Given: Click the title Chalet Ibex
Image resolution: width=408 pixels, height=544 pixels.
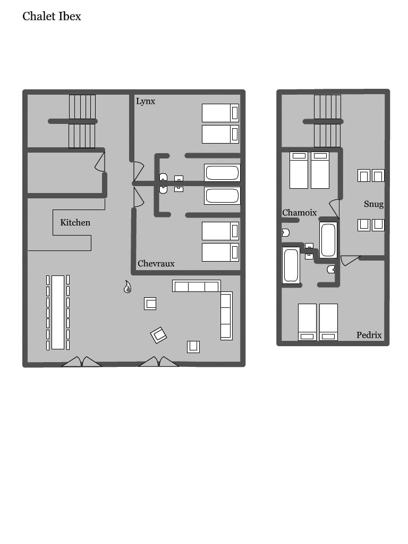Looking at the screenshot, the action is click(x=52, y=16).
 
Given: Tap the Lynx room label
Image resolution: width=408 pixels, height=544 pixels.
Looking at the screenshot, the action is click(x=146, y=102).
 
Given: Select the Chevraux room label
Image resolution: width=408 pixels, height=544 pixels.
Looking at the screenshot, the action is click(x=156, y=263).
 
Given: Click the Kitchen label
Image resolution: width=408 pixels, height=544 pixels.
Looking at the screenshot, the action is click(x=75, y=222).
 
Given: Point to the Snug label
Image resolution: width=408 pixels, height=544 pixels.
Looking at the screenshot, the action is click(x=373, y=204).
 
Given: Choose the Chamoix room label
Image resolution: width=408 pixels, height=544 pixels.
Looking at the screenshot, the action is click(x=299, y=212).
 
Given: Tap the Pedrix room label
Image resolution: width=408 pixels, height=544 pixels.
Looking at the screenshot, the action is click(x=369, y=335).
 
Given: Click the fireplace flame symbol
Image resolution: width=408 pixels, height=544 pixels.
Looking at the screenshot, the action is click(x=127, y=287).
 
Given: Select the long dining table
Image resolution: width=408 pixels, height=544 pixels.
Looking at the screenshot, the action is click(x=58, y=312).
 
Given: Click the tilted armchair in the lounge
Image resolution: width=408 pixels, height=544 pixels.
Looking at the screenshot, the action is click(x=158, y=335).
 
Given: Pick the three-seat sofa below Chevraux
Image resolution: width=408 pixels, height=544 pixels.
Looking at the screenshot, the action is click(x=197, y=286).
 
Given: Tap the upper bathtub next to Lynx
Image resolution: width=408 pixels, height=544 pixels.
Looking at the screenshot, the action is click(x=222, y=172).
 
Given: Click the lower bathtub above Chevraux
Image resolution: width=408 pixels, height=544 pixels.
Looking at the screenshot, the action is click(x=222, y=196).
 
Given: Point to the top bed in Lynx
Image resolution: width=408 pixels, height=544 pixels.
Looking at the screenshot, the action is click(x=220, y=113).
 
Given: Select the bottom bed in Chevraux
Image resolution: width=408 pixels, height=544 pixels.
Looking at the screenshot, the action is click(x=220, y=252).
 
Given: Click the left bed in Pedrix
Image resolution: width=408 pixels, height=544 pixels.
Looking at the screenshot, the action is click(x=308, y=322).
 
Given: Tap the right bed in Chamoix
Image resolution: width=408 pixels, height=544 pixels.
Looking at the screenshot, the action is click(x=320, y=170).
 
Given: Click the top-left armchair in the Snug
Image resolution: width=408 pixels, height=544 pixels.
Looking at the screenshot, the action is click(x=363, y=175).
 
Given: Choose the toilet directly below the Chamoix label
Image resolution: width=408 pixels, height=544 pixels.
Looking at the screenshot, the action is click(x=286, y=232).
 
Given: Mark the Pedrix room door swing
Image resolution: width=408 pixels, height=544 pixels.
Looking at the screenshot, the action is click(x=350, y=260).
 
